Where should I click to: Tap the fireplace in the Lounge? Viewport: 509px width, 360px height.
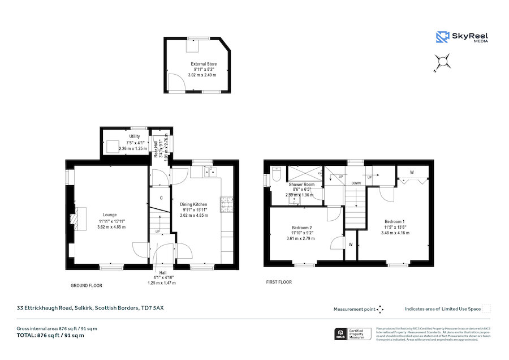pos(74,217)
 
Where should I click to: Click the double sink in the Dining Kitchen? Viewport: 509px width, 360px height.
pos(210,171)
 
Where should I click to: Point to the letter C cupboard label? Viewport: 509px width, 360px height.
pos(161,198)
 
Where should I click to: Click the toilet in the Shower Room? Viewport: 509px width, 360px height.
pos(276,175)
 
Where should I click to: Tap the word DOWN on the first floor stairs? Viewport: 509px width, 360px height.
pos(356,183)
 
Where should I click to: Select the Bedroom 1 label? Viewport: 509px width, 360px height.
pos(394,221)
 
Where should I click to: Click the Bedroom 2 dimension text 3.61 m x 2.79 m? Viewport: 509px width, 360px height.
pos(300,238)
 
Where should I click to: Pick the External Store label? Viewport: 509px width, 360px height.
pos(203,65)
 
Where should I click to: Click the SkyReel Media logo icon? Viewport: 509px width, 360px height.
pos(442,37)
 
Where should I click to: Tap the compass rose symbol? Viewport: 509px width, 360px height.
pos(442,62)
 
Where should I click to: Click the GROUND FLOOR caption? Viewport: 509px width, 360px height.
pos(87,286)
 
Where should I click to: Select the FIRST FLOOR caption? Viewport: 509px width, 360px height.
pos(279,281)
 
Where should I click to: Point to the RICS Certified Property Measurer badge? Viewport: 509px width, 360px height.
pos(353,333)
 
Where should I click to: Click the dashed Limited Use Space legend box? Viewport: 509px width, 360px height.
pos(486,309)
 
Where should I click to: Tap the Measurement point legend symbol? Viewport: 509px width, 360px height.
pos(380,309)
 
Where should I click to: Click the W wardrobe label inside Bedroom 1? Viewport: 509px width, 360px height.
pos(411,172)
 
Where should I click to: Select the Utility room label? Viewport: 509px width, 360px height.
pos(134,136)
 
